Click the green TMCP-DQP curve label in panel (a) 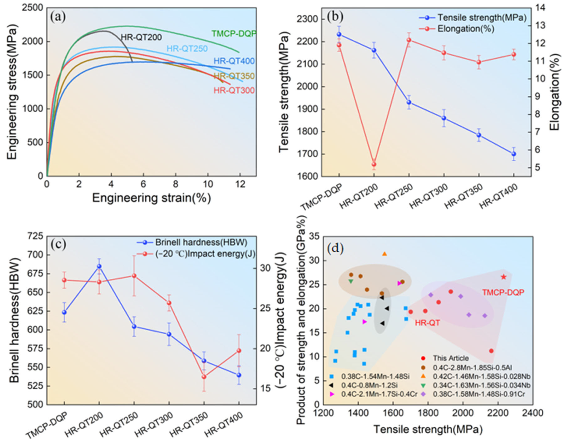tap(234, 34)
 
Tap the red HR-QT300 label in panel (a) tap(234, 91)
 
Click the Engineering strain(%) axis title tap(151, 198)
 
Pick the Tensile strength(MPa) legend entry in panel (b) tap(482, 18)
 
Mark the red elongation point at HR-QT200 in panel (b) tap(374, 164)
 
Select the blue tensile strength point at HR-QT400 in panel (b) tap(514, 154)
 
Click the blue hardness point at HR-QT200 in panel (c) tap(99, 266)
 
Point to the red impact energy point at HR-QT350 tap(204, 377)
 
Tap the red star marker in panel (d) tap(503, 277)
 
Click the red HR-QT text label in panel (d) tap(427, 323)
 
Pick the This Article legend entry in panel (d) tap(451, 358)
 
